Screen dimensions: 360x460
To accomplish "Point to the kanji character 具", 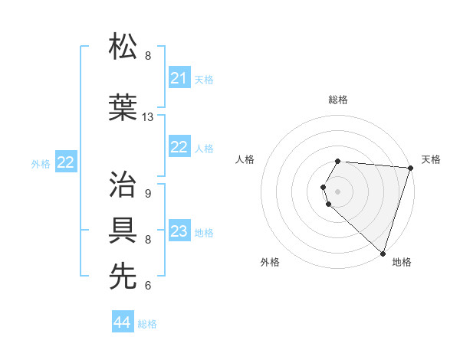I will [x=123, y=231].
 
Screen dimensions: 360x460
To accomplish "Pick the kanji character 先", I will [x=123, y=277].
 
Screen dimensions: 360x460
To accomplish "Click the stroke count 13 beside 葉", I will [x=148, y=117].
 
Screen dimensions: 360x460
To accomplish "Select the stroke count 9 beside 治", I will [x=147, y=194].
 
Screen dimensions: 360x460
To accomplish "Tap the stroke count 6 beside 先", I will [x=147, y=286].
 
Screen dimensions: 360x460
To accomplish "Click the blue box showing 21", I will [x=179, y=78].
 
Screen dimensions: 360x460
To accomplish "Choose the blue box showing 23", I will [x=179, y=231].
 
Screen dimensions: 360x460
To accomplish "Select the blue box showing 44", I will [x=122, y=323].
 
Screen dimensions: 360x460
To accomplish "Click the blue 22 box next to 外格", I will [x=66, y=162].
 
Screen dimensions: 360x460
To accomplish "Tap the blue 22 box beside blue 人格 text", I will [x=179, y=147].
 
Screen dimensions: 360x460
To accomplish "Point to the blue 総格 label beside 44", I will [x=147, y=324].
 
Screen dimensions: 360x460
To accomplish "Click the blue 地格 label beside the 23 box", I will [x=204, y=232].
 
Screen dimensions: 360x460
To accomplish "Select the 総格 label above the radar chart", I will [x=338, y=100].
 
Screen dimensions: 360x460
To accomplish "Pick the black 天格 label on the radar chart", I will [x=431, y=159].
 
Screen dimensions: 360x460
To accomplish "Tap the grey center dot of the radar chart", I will [x=338, y=191].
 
